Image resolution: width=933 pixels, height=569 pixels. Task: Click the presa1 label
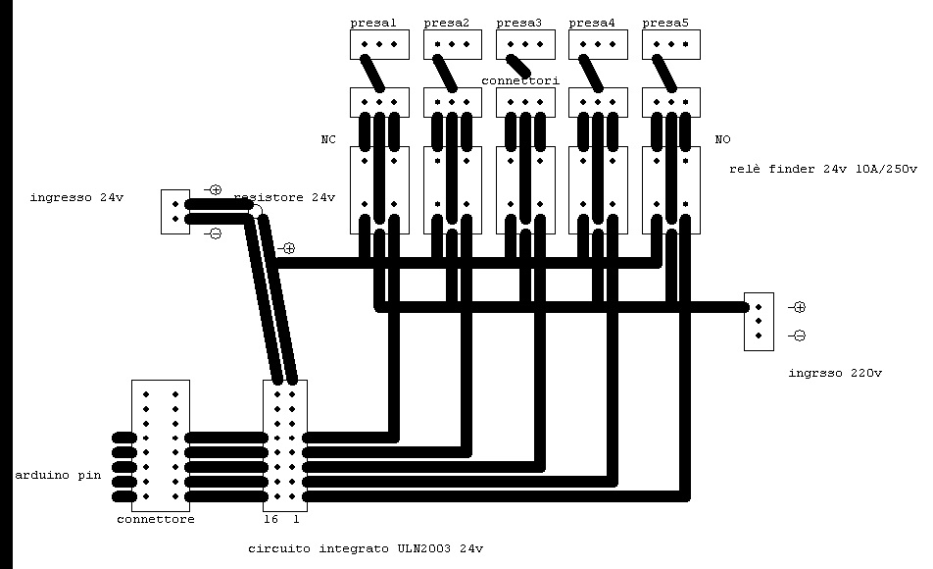coord(373,23)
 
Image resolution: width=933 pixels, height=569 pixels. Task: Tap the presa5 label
coord(665,23)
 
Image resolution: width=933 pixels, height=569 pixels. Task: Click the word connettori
coord(520,80)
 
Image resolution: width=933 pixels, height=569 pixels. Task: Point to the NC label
coord(328,140)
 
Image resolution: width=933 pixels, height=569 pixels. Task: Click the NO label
coord(723,140)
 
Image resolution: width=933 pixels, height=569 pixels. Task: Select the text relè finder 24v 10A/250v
coord(822,170)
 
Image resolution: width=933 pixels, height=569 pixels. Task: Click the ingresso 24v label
coord(77,198)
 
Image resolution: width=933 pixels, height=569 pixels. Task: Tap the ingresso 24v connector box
coord(175,212)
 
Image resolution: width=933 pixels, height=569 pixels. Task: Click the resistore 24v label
coord(284,198)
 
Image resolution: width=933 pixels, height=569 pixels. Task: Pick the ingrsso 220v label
coord(835,373)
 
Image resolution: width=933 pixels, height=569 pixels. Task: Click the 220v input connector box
coord(759,321)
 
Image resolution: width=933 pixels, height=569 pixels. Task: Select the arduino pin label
coord(58,475)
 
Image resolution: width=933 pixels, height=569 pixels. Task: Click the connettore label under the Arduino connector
coord(155,519)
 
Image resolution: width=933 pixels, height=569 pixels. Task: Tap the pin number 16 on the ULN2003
coord(272,519)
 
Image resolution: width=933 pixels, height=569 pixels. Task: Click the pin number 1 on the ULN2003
coord(296,519)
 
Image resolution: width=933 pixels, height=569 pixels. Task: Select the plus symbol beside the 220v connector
coord(799,307)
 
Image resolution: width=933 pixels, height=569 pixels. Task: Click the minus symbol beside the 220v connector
coord(799,336)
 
